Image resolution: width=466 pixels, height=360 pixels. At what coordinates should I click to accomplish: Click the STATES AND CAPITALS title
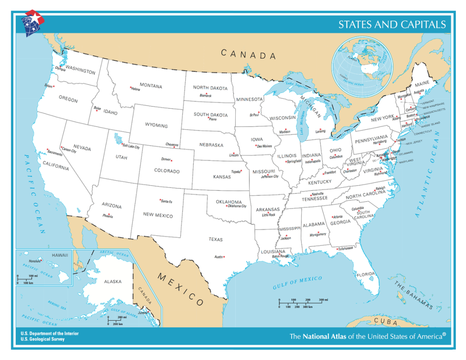tap(391, 25)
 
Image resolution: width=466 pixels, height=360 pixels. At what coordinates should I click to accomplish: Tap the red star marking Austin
tap(224, 257)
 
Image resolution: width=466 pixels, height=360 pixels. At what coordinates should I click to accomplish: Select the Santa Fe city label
tap(167, 202)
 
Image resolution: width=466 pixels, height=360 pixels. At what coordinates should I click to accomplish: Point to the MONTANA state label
tap(151, 86)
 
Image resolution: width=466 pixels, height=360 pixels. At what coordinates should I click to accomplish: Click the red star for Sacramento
tap(47, 149)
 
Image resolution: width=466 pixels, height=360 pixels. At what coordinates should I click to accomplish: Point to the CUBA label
tap(385, 322)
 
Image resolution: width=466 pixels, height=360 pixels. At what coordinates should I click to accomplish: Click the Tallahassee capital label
tap(345, 249)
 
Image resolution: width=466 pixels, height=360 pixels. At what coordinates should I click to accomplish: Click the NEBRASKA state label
tap(211, 145)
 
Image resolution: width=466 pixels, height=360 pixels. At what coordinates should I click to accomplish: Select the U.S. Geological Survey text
tap(42, 339)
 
